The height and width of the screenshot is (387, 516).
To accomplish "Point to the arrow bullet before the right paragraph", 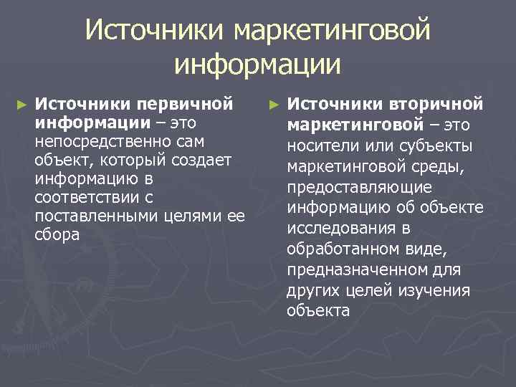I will [272, 105].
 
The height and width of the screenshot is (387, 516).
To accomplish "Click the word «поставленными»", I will [93, 216].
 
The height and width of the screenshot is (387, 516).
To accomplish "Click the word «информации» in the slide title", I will [257, 65].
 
